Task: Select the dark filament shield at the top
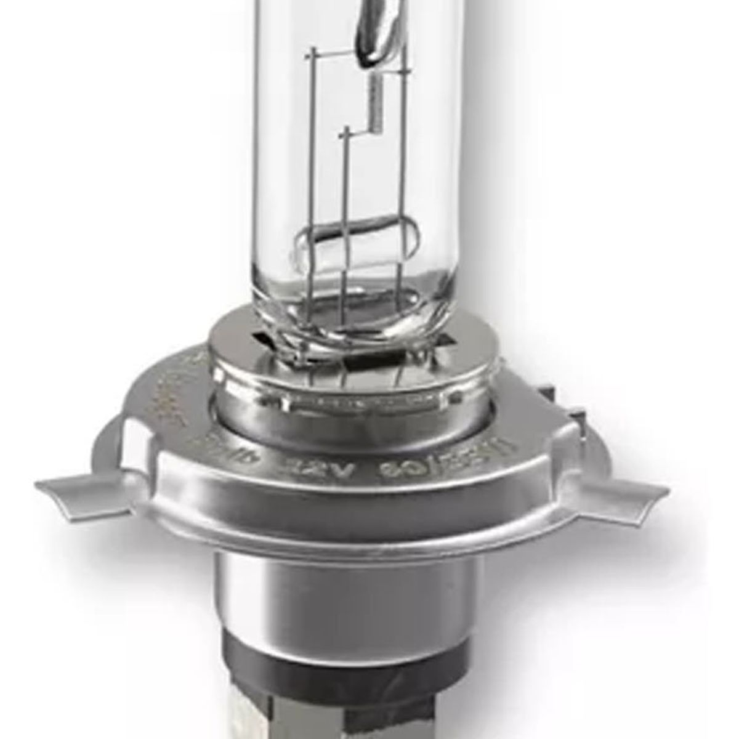(x=376, y=31)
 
